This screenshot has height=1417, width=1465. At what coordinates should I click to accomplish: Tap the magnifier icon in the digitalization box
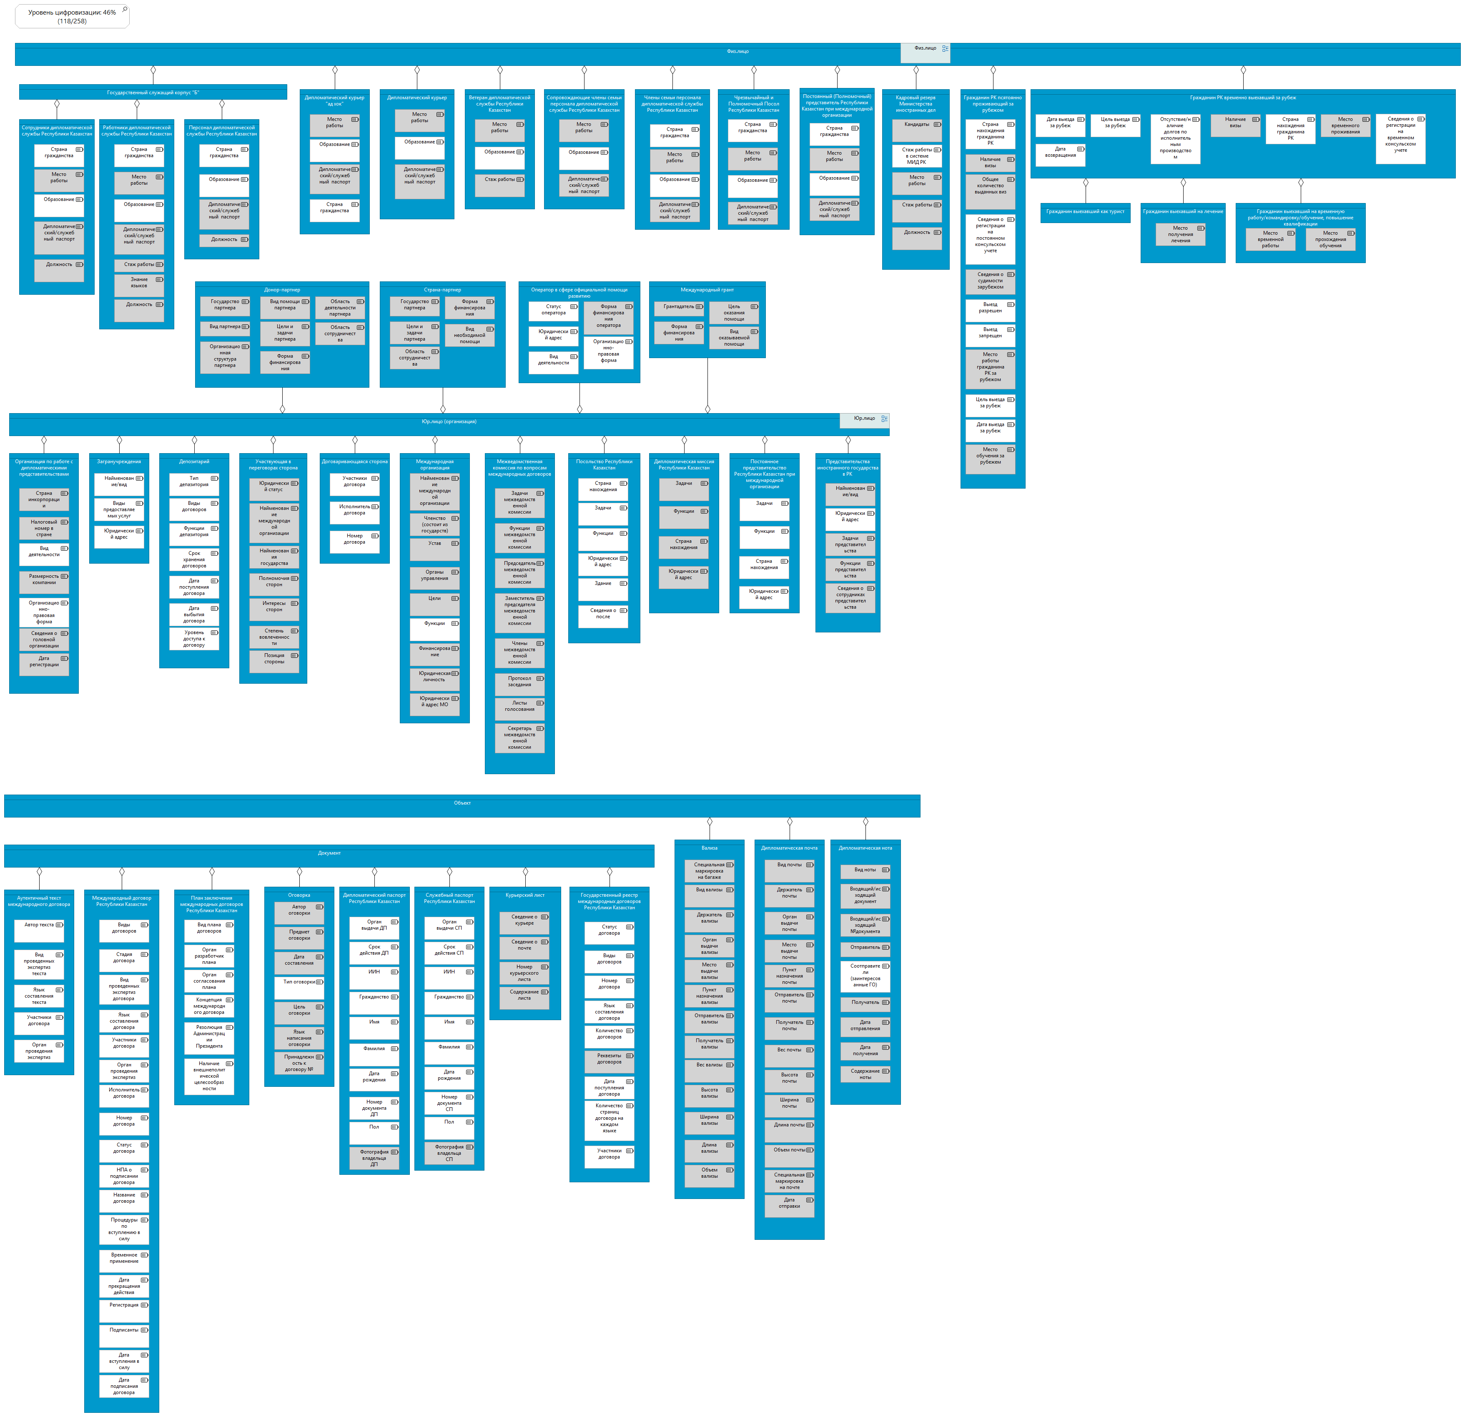[x=124, y=10]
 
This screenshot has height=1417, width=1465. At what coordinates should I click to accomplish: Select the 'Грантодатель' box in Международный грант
[x=679, y=307]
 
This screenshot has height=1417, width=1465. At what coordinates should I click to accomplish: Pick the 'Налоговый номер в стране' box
[x=44, y=528]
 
